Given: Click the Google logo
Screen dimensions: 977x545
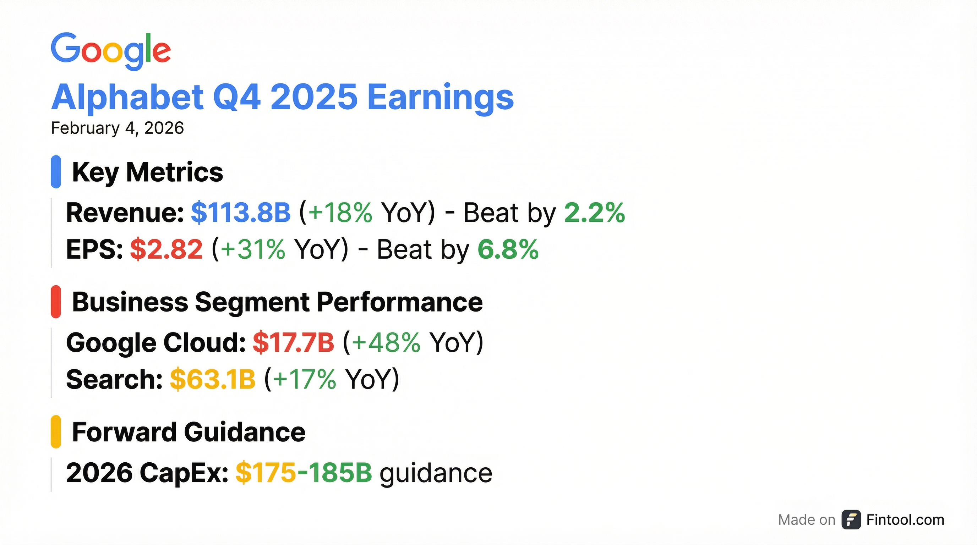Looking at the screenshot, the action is coord(111,51).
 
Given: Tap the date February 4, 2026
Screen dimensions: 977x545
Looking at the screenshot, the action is coord(118,128).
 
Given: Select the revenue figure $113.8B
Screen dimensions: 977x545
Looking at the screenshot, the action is coord(241,212).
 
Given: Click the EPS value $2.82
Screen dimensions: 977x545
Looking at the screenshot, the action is coord(167,249).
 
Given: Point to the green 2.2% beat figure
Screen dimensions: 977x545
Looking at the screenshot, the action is coord(595,212).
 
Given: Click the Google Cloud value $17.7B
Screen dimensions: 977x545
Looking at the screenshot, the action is coord(294,342).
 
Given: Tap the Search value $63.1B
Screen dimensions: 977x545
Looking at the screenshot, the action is coord(213,379).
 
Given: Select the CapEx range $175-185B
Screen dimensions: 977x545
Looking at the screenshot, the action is coord(304,473).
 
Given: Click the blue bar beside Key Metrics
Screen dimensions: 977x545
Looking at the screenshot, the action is coord(56,172).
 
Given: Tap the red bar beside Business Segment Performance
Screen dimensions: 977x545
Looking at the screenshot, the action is coord(56,302).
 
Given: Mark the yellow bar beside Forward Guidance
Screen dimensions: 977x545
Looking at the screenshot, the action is coord(56,432).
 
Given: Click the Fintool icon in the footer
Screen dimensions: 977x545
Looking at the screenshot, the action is coord(851,519).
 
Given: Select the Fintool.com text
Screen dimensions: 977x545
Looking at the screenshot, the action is coord(905,519).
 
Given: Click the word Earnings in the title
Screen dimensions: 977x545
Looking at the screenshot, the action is coord(440,98).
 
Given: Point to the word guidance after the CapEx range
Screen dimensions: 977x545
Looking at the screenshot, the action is coord(436,474).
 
